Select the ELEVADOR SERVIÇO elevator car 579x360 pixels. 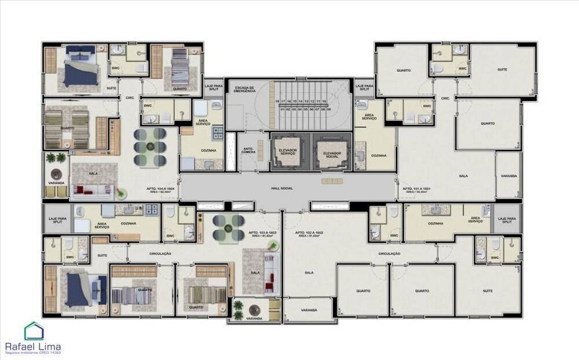[x=288, y=152]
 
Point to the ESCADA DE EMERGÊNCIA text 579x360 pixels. [x=244, y=90]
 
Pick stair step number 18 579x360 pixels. [x=278, y=101]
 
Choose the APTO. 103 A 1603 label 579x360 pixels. [x=262, y=233]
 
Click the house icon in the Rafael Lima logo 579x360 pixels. [x=33, y=332]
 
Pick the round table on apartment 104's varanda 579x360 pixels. [x=57, y=174]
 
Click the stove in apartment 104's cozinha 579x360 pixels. [x=219, y=133]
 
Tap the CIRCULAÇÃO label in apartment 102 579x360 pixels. [x=390, y=254]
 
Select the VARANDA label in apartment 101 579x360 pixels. [x=509, y=175]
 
